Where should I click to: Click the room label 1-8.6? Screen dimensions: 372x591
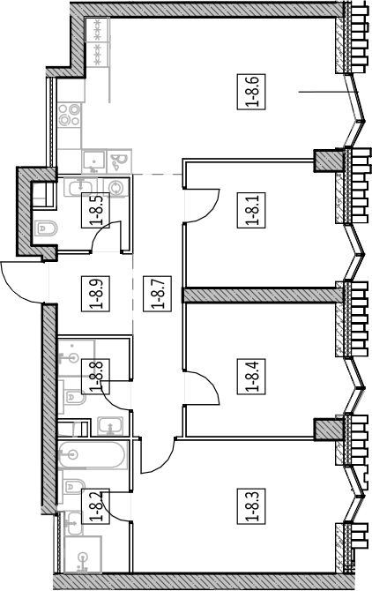[x=251, y=92]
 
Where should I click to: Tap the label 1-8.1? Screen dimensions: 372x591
[x=251, y=210]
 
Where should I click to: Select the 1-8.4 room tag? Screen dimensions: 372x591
[x=251, y=377]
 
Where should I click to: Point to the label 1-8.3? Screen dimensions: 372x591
[x=251, y=506]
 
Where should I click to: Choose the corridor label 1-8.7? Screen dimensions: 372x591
[x=158, y=293]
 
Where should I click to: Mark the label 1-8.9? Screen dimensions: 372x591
[x=95, y=293]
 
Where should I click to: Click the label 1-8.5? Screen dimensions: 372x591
[x=95, y=210]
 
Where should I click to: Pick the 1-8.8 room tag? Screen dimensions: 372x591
[x=95, y=377]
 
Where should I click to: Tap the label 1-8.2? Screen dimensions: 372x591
[x=95, y=506]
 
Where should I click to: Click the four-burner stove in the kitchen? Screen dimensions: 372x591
[x=70, y=115]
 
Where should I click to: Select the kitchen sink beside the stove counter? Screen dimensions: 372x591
[x=94, y=161]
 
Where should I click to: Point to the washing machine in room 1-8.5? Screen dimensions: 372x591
[x=117, y=187]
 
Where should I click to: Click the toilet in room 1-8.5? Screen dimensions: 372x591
[x=47, y=228]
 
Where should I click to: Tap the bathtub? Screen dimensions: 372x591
[x=92, y=455]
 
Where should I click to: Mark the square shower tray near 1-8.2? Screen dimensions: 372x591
[x=83, y=556]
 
